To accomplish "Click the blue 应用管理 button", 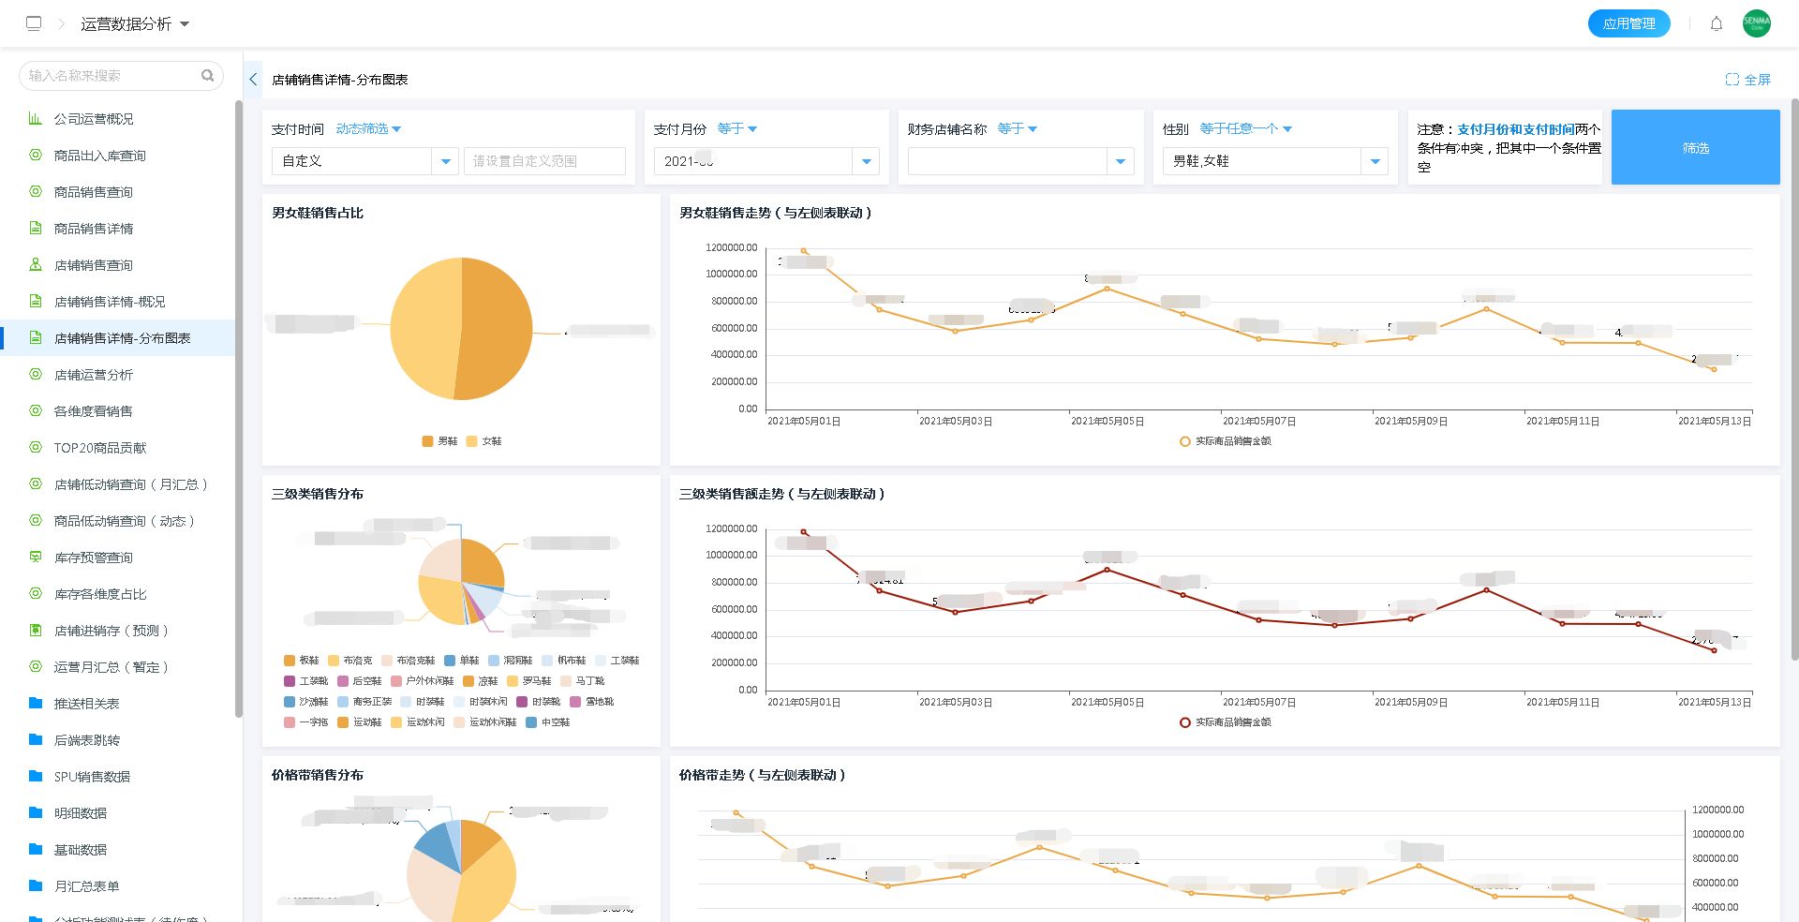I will (1628, 23).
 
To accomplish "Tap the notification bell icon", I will (1717, 23).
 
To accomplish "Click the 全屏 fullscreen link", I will (1748, 80).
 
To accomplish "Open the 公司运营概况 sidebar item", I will (94, 119).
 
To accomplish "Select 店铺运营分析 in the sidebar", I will (94, 375).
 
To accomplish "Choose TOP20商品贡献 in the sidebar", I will (100, 448).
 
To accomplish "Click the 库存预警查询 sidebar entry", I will (94, 558).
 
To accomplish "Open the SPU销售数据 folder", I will (92, 777).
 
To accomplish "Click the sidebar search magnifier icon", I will (207, 75).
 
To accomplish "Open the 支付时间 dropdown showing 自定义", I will (364, 161).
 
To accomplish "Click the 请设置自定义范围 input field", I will (544, 161).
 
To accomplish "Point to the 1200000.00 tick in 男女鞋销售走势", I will (732, 247).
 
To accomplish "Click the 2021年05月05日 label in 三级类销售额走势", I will (1108, 702).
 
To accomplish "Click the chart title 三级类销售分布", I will (318, 494).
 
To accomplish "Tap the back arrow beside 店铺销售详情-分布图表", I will (253, 80).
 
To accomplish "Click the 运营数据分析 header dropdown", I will (135, 23).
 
